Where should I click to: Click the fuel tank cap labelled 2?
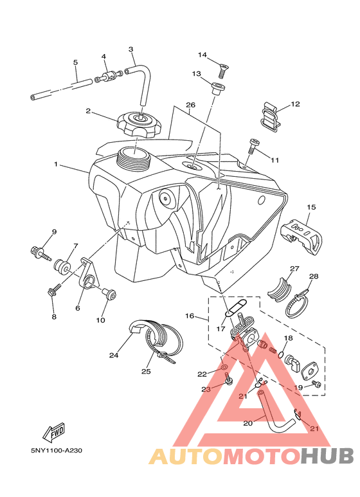139,125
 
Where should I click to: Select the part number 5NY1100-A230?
57,450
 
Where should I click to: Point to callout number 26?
190,105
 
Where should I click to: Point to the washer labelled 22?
224,367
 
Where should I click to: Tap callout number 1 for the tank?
56,164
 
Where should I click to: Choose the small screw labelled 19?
316,384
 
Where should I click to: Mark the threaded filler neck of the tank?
134,158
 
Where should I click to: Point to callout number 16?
190,316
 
